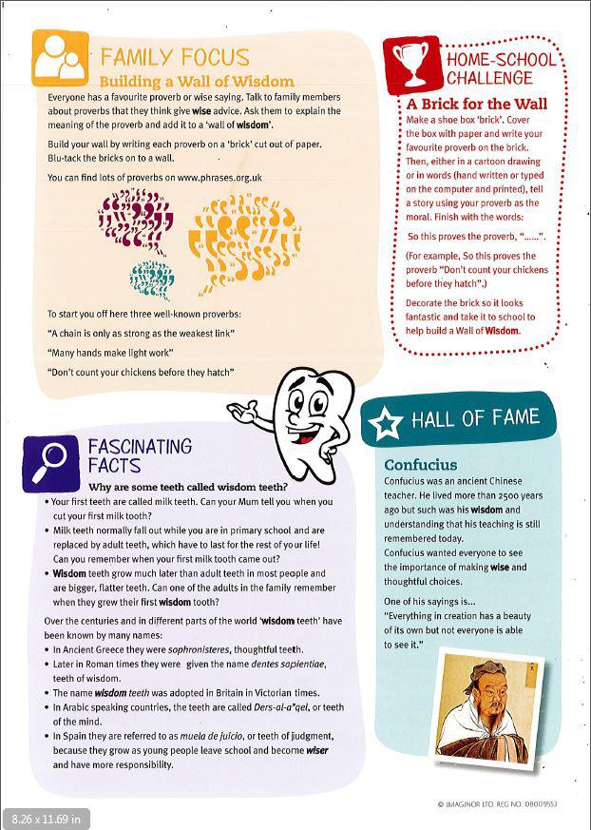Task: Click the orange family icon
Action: coord(60,58)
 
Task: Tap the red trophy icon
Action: coord(411,64)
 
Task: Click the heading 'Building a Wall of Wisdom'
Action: coord(197,81)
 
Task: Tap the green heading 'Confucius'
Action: coord(420,465)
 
